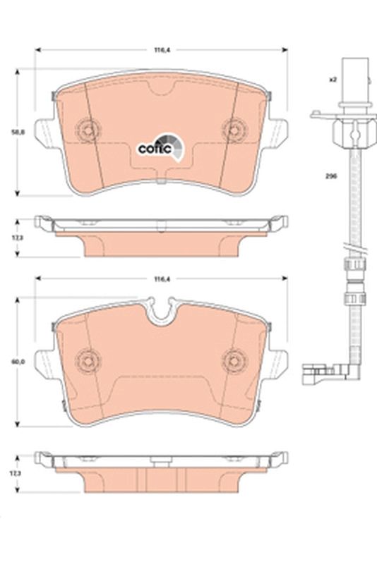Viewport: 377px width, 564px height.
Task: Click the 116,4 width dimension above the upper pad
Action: click(x=161, y=50)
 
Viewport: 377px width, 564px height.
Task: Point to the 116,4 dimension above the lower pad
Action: click(x=161, y=280)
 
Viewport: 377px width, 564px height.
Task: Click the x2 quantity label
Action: click(x=332, y=78)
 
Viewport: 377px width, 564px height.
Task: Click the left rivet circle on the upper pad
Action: click(x=89, y=129)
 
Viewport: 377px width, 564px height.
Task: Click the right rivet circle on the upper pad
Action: click(x=232, y=129)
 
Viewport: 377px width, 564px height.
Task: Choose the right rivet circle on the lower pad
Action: click(x=232, y=360)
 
